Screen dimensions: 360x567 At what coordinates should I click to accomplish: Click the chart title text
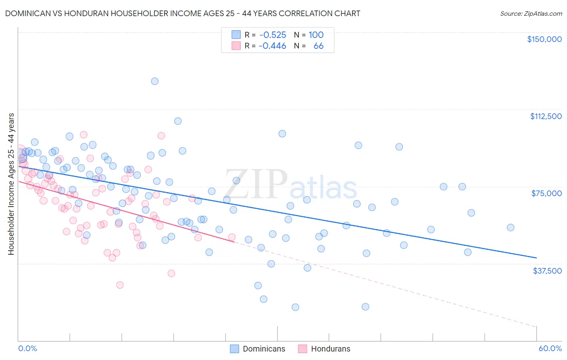(x=183, y=13)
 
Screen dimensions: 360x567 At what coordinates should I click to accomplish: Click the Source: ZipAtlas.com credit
(x=531, y=14)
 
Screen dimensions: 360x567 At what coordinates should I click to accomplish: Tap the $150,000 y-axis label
(x=544, y=39)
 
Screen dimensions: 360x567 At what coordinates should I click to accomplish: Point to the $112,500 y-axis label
(x=546, y=116)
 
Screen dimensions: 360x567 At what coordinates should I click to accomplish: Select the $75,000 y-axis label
(x=546, y=193)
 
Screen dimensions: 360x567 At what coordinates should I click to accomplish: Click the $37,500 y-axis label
(x=547, y=271)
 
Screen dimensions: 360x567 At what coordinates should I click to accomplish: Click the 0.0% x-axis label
(x=27, y=348)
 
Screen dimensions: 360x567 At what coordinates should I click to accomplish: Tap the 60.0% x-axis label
(x=550, y=348)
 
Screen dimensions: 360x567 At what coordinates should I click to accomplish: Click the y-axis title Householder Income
(x=11, y=184)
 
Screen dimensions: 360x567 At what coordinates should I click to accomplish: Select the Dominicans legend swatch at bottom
(x=234, y=349)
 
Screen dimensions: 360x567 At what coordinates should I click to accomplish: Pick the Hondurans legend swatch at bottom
(x=302, y=349)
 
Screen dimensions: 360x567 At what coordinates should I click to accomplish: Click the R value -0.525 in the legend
(x=273, y=35)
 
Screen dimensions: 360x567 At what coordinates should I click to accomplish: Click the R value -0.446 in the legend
(x=273, y=46)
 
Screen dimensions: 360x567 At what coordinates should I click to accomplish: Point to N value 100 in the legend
(x=316, y=35)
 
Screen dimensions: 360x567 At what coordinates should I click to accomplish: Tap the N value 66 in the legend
(x=318, y=46)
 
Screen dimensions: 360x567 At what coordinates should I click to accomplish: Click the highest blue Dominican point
(x=154, y=81)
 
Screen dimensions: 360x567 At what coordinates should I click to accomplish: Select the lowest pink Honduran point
(x=120, y=285)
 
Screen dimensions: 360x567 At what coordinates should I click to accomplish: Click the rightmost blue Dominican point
(x=511, y=228)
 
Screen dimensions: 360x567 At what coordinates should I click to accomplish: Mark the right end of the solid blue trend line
(x=536, y=257)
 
